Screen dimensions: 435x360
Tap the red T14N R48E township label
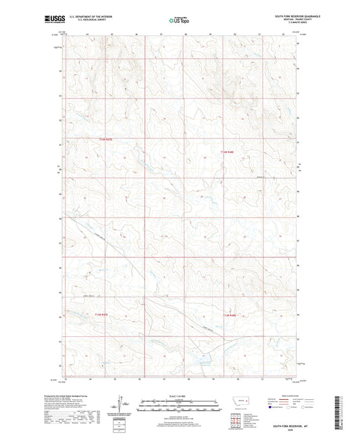pyautogui.click(x=229, y=152)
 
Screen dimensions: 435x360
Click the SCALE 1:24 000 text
pyautogui.click(x=180, y=396)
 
